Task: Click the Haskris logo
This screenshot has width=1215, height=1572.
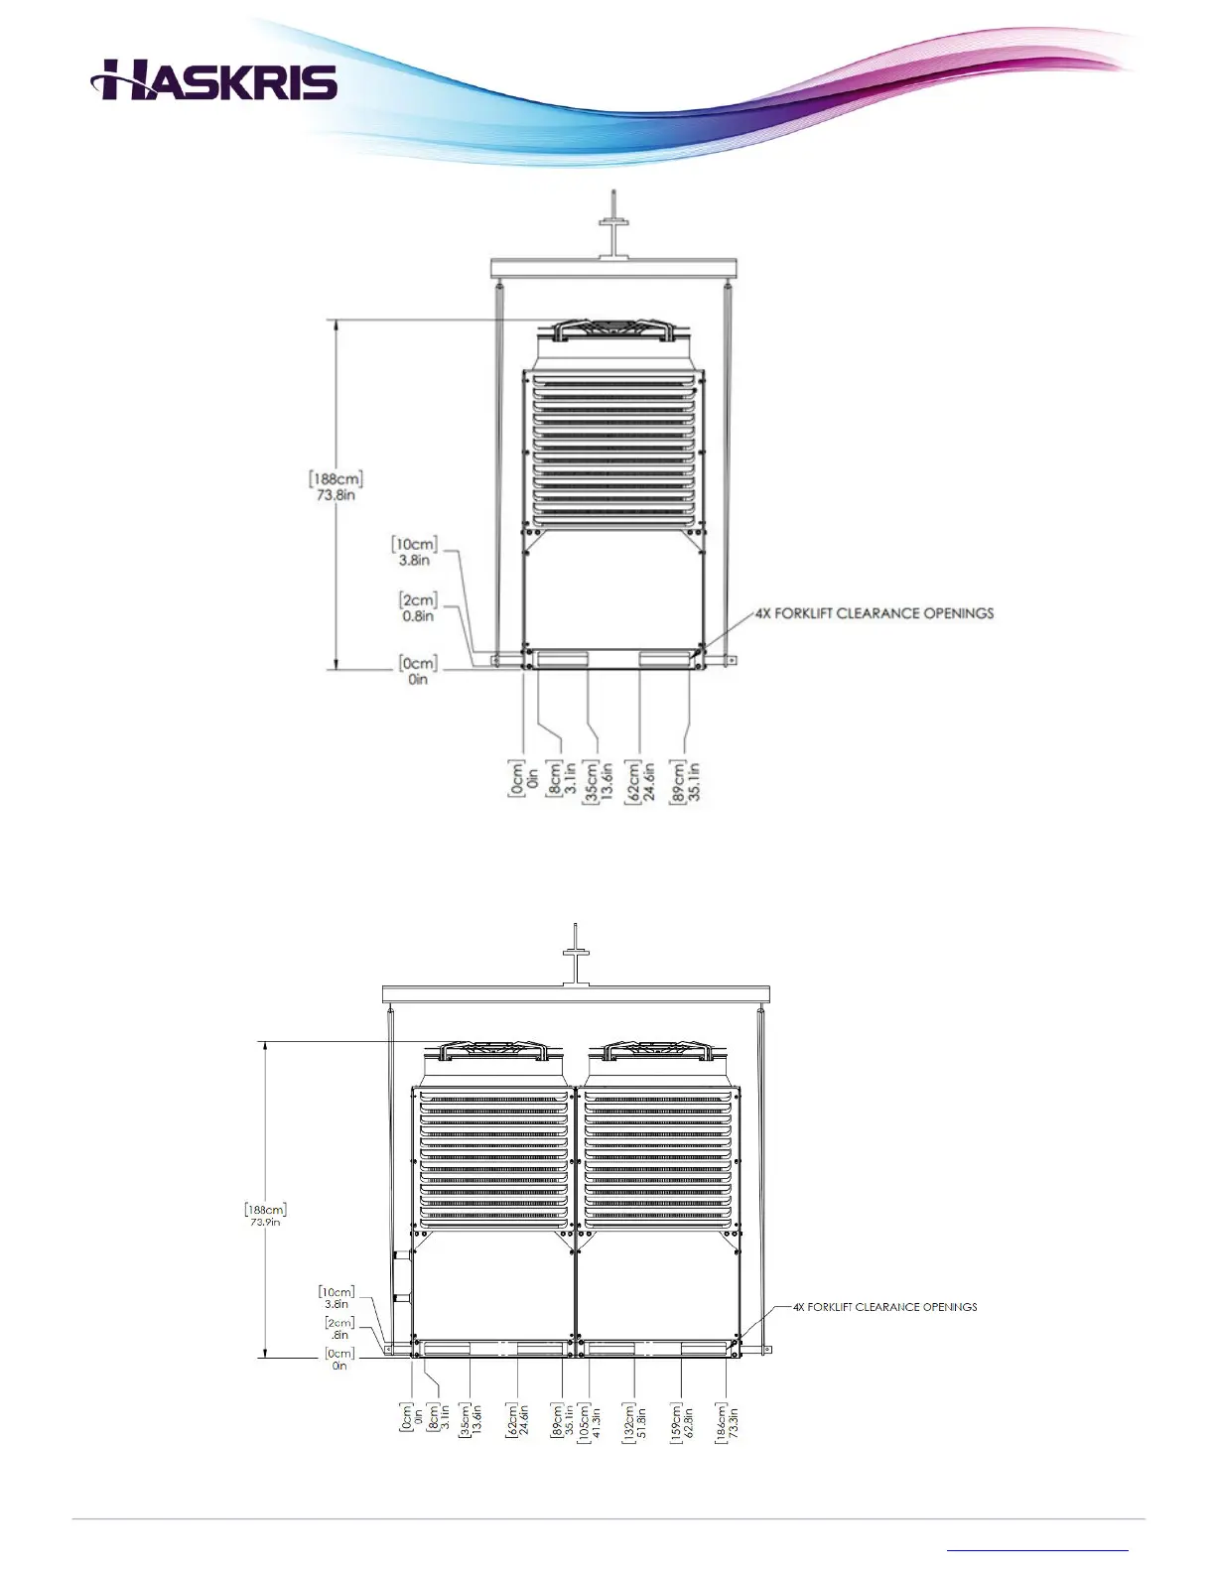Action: (214, 79)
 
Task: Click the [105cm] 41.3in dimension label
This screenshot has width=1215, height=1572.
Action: (590, 1421)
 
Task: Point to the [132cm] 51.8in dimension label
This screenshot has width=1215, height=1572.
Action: (635, 1421)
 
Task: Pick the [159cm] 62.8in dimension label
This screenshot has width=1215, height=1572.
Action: (681, 1421)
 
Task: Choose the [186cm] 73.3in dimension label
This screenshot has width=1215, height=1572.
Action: (727, 1421)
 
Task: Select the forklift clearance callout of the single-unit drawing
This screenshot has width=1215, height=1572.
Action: (874, 613)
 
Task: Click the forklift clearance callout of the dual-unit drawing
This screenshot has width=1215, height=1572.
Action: (884, 1307)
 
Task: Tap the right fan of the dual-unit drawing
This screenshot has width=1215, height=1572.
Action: (660, 1051)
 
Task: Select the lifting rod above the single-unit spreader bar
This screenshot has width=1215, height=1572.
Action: (615, 223)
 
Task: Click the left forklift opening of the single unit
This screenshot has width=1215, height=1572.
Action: (562, 659)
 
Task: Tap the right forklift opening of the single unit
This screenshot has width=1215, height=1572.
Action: (665, 659)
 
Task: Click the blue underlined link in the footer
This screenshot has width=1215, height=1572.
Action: (1037, 1548)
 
